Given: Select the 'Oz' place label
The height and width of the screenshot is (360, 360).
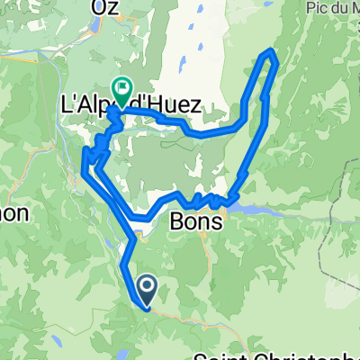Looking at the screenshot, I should click(x=105, y=8).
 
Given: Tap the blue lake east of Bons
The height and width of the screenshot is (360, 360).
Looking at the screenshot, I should click(x=261, y=208).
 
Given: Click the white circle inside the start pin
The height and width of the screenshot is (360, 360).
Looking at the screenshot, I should click(x=146, y=285).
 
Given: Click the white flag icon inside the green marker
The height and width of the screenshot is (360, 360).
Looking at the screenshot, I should click(x=121, y=86).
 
